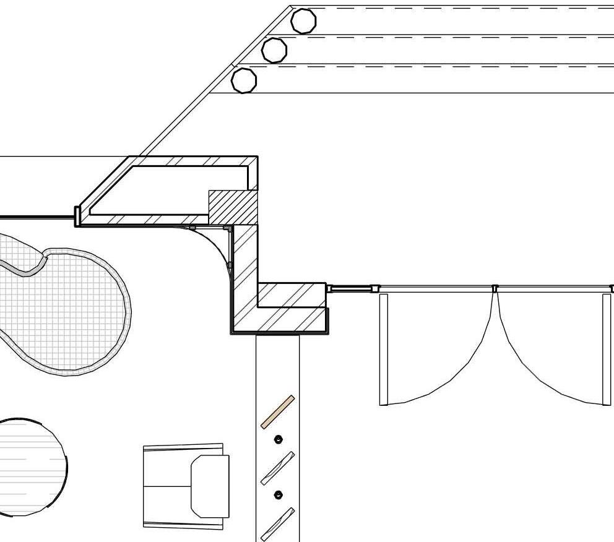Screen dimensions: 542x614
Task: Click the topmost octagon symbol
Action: (x=303, y=21)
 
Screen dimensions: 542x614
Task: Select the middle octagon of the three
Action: (x=274, y=49)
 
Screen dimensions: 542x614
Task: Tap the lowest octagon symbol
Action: (x=244, y=80)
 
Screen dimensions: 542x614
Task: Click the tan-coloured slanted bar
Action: (x=277, y=412)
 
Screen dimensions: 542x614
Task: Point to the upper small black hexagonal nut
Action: (x=278, y=439)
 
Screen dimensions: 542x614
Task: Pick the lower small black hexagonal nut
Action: (x=278, y=495)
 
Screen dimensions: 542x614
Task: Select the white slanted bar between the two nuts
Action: (x=277, y=468)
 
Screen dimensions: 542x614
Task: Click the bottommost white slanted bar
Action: (x=277, y=524)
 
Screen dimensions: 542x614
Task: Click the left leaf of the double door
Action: (x=384, y=350)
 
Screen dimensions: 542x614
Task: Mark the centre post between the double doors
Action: (x=495, y=288)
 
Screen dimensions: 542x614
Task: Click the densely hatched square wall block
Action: (x=233, y=207)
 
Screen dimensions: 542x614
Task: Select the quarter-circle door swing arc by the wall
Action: (x=214, y=247)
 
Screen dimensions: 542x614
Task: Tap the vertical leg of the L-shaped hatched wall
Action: (x=244, y=272)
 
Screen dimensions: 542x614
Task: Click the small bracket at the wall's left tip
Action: (x=77, y=216)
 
